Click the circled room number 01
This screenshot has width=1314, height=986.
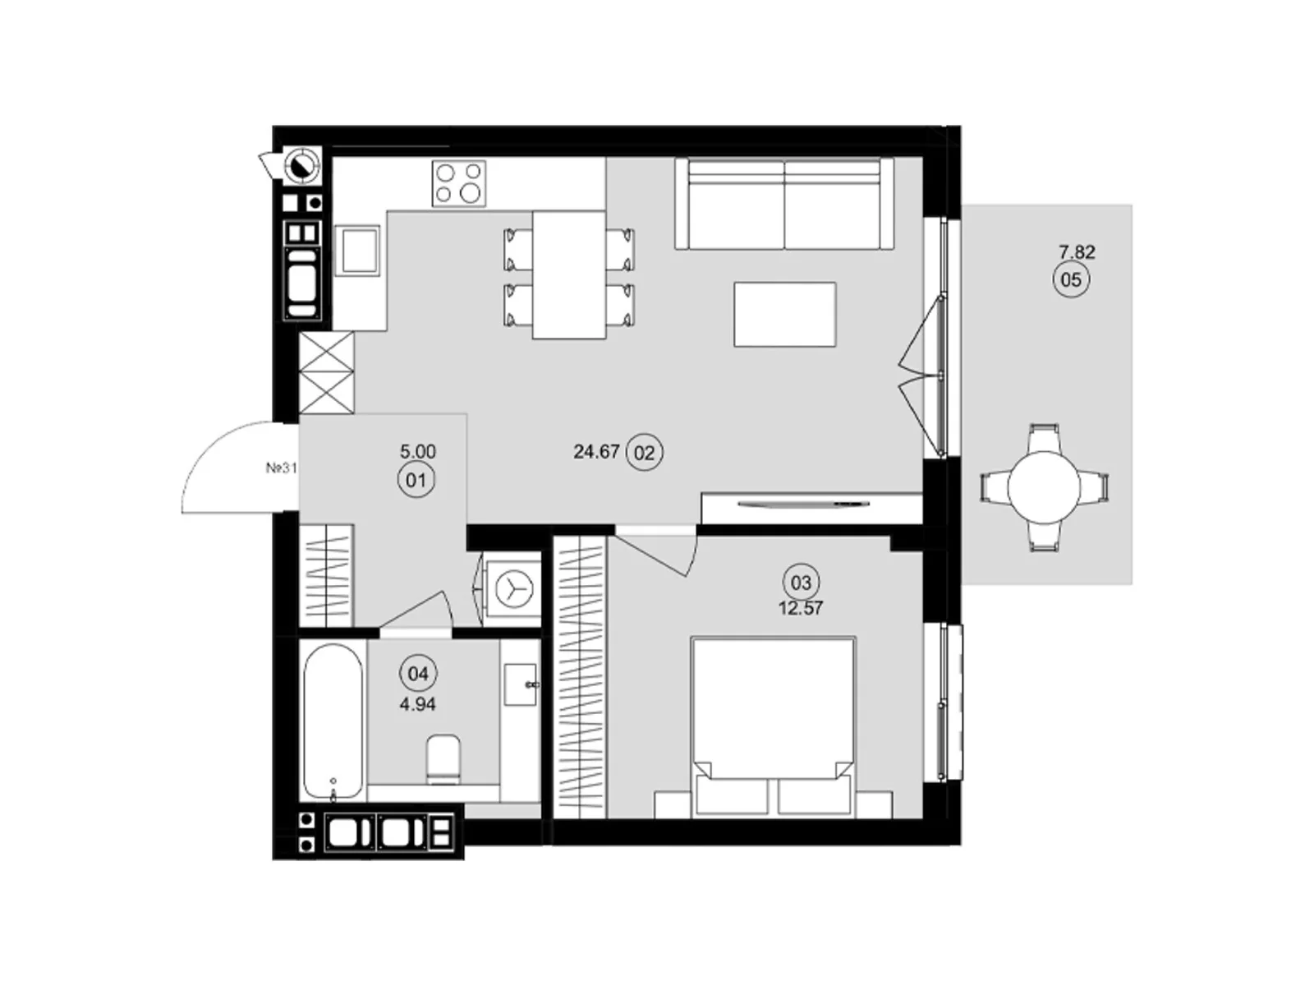pyautogui.click(x=416, y=479)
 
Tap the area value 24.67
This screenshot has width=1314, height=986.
pyautogui.click(x=596, y=452)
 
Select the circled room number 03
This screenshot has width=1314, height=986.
pyautogui.click(x=801, y=583)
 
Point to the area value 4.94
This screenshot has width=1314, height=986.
pyautogui.click(x=417, y=704)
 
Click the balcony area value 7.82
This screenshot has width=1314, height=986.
pyautogui.click(x=1077, y=252)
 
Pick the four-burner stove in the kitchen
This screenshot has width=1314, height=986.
pyautogui.click(x=459, y=183)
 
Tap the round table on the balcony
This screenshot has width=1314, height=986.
pyautogui.click(x=1044, y=487)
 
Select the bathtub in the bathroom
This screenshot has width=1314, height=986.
pyautogui.click(x=333, y=721)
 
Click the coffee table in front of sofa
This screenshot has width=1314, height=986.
pyautogui.click(x=784, y=314)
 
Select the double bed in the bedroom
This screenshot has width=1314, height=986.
pyautogui.click(x=773, y=723)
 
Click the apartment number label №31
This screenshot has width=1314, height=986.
pyautogui.click(x=281, y=468)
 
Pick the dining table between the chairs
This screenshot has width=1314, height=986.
pyautogui.click(x=569, y=274)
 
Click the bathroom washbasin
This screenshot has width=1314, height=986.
pyautogui.click(x=520, y=684)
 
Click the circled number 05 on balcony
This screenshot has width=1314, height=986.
pyautogui.click(x=1071, y=280)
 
